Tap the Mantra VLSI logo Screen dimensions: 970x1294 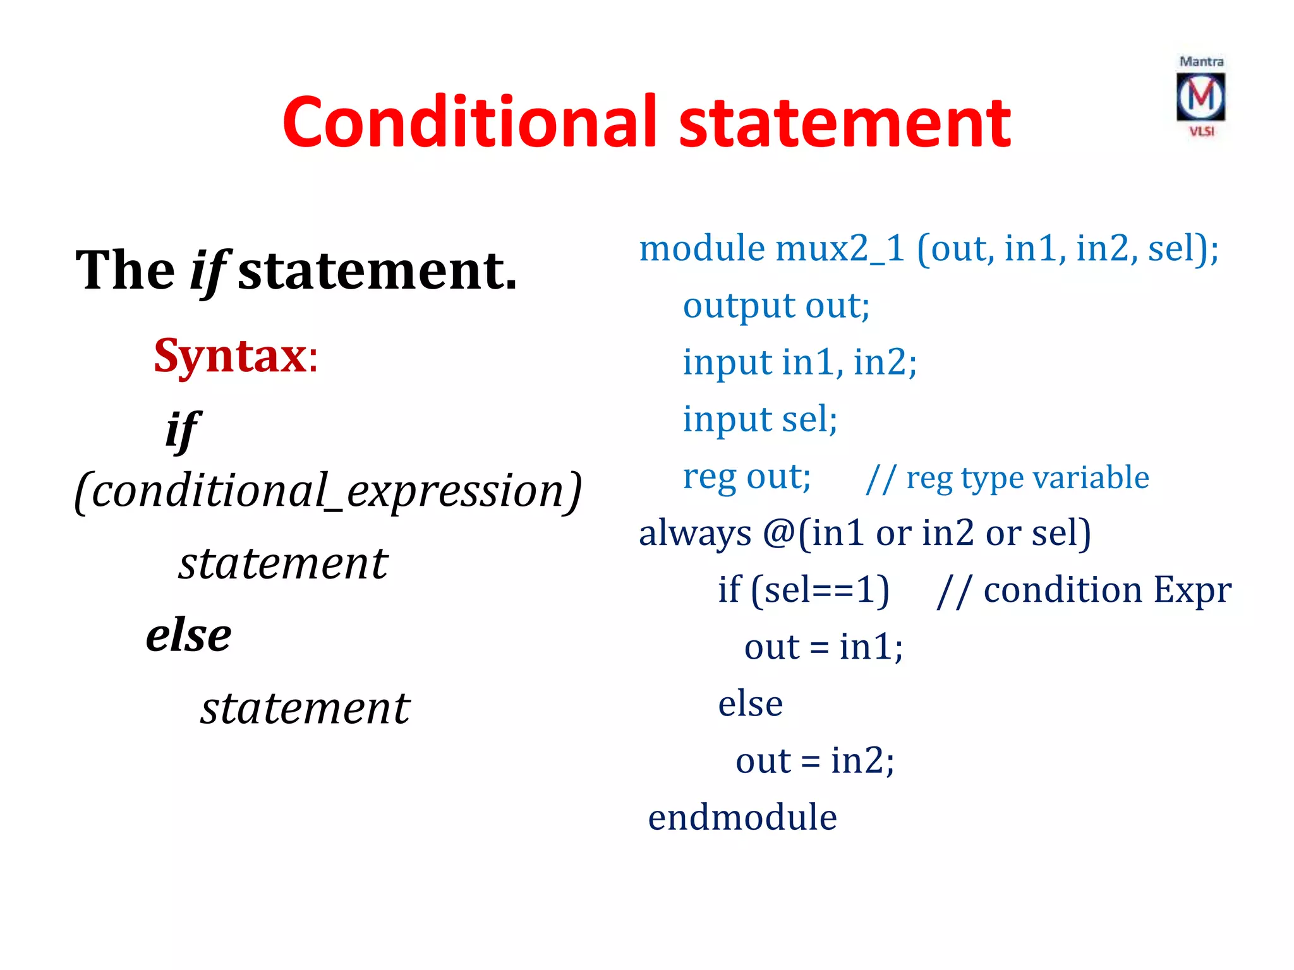click(1200, 97)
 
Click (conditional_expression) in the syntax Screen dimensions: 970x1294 click(327, 491)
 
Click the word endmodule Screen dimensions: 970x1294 click(742, 817)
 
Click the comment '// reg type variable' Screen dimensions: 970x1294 click(1007, 477)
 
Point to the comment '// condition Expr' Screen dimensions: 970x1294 click(1084, 591)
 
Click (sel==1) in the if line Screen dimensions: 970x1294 click(820, 590)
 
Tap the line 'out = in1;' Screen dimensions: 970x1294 click(823, 647)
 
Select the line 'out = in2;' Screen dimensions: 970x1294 click(814, 761)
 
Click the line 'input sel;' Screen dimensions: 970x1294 click(760, 419)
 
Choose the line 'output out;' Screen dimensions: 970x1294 click(776, 306)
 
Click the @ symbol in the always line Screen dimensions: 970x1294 click(779, 534)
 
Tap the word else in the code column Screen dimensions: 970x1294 click(750, 704)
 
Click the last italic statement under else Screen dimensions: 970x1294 click(305, 709)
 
